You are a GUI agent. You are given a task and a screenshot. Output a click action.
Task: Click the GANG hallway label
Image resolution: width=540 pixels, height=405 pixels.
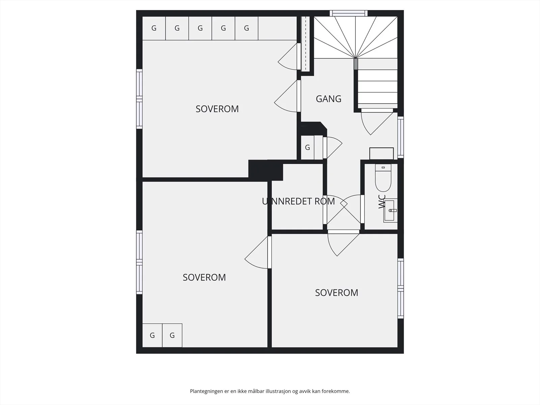[x=328, y=99]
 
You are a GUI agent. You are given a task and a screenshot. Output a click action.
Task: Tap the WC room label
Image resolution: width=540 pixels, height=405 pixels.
[x=382, y=201]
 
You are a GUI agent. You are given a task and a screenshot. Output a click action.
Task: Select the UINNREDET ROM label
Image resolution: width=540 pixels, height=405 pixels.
[x=298, y=201]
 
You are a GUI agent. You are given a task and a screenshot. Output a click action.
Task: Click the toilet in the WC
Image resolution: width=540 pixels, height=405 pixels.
[x=383, y=178]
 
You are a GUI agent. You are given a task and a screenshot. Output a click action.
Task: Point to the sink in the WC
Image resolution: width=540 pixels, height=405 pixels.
[x=390, y=211]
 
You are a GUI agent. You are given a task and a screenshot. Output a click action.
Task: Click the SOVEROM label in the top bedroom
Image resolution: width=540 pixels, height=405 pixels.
[x=217, y=109]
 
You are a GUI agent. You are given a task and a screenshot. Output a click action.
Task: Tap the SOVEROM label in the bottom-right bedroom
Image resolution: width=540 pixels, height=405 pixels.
[x=336, y=293]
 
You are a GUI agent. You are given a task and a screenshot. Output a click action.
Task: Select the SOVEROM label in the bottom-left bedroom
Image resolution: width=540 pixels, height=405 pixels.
[x=204, y=277]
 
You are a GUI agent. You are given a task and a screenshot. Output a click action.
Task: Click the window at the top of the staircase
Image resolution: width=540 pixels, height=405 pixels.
[x=349, y=13]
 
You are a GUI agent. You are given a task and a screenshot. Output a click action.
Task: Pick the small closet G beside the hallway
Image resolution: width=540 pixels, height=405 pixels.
[x=307, y=147]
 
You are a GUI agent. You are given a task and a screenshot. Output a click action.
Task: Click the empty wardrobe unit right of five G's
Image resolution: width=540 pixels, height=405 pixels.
[x=277, y=28]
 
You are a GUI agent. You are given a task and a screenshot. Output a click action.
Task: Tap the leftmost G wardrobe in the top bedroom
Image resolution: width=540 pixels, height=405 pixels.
[x=154, y=28]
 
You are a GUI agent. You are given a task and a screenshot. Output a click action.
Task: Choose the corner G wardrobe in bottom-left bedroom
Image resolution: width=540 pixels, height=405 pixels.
[x=152, y=335]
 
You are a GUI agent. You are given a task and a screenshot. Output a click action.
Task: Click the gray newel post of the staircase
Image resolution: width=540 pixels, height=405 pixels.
[x=356, y=64]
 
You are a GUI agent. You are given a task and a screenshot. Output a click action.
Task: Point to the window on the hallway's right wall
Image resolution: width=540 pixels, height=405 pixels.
[x=401, y=137]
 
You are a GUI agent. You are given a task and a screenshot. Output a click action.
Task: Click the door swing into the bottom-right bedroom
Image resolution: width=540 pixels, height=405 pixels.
[x=343, y=243]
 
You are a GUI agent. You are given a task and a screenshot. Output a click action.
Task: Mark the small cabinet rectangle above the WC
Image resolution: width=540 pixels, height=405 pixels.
[x=382, y=154]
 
